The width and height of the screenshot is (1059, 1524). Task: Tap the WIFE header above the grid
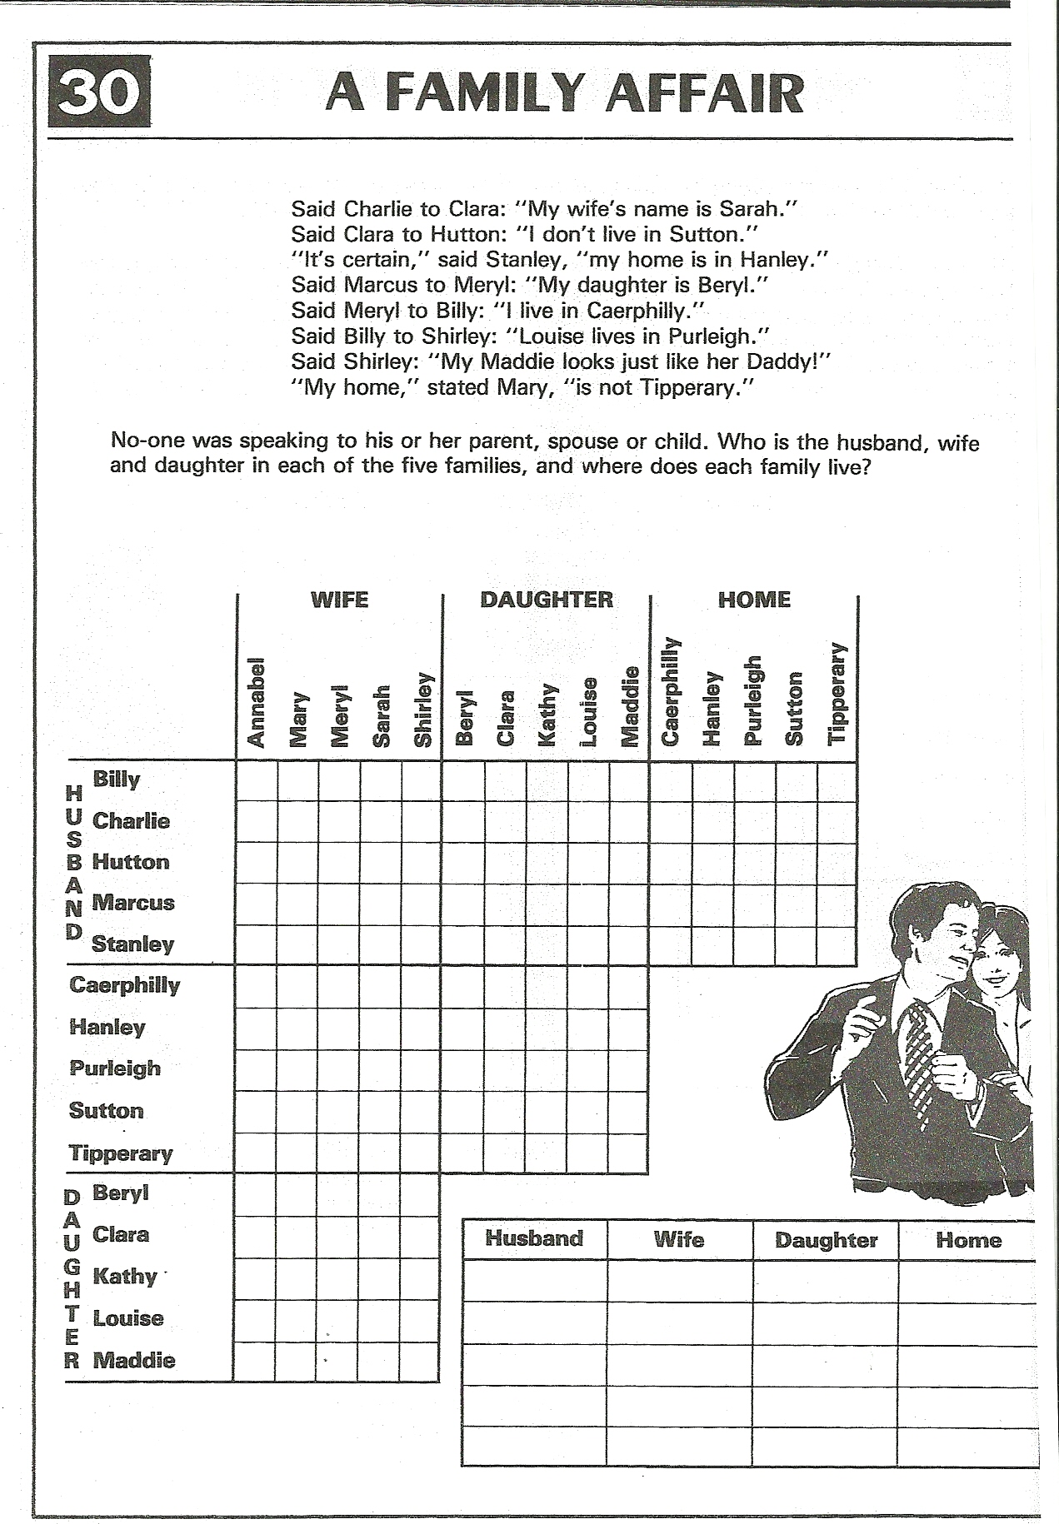tap(339, 600)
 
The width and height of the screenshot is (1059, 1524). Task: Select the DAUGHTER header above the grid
tap(546, 600)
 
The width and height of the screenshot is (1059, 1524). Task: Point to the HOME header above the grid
tap(754, 600)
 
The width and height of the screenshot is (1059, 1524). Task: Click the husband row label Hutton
tap(131, 862)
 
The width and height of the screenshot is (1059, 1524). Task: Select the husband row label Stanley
tap(132, 944)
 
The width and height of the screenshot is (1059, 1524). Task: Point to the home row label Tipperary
tap(121, 1153)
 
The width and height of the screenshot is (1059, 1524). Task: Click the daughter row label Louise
tap(128, 1318)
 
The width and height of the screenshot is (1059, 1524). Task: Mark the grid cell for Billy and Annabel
tap(257, 781)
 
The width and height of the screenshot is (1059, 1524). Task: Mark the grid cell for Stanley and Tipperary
tap(837, 946)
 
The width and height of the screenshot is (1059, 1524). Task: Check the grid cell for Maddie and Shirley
tap(421, 1361)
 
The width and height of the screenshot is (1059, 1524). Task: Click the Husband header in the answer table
tap(534, 1238)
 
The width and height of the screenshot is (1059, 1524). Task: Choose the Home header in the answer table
tap(968, 1240)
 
